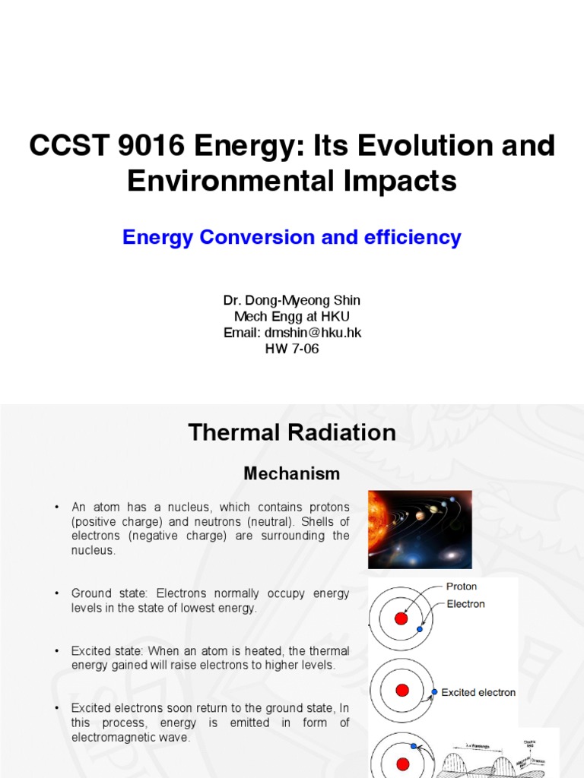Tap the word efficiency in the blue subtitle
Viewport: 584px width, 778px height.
[x=412, y=237]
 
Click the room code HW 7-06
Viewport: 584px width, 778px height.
[x=292, y=349]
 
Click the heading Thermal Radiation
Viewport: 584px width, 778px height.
[x=292, y=432]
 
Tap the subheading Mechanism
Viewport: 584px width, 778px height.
[x=292, y=473]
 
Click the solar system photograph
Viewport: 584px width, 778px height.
[x=420, y=529]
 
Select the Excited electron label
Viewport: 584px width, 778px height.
[x=478, y=692]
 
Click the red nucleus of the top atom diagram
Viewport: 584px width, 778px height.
[x=401, y=619]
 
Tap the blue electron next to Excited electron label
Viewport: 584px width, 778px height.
[x=434, y=692]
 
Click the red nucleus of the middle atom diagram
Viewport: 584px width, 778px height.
[x=402, y=690]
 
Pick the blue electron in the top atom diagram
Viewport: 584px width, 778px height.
[x=420, y=629]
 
